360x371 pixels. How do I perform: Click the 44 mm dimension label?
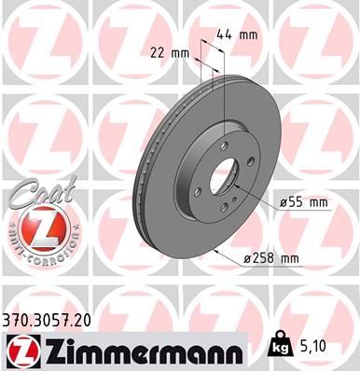tap(236, 34)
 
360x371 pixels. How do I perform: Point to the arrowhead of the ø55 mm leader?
tap(237, 190)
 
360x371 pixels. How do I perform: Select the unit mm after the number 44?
tap(248, 34)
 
